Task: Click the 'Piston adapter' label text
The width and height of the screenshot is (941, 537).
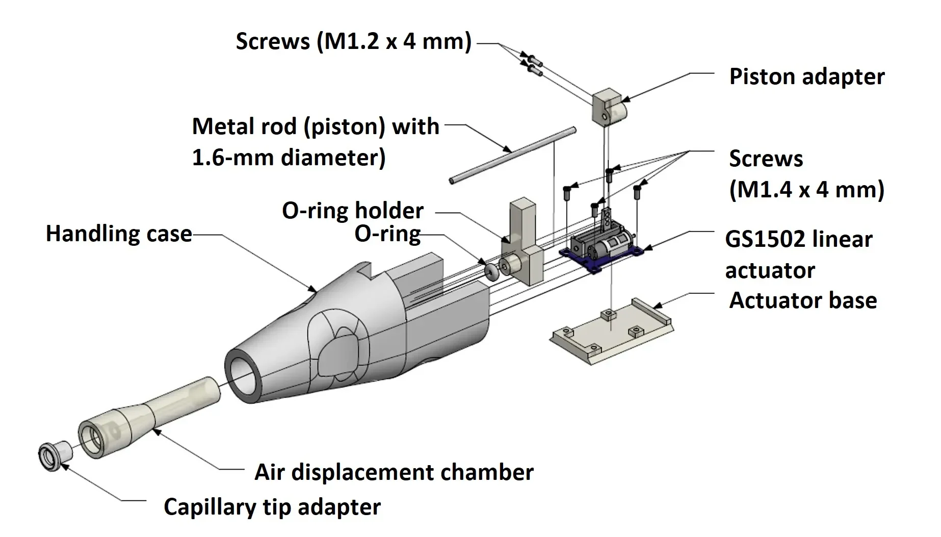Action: (807, 77)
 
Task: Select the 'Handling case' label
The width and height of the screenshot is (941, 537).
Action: (119, 234)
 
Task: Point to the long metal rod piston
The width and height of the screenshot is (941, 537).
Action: (513, 155)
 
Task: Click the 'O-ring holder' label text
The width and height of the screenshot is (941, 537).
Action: (353, 210)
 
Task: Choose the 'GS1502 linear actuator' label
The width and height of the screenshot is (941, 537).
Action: (798, 254)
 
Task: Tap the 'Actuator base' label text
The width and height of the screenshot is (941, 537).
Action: (803, 300)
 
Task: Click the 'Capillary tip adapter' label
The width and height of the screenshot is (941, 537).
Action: (272, 507)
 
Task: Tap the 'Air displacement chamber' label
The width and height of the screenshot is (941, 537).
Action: (394, 472)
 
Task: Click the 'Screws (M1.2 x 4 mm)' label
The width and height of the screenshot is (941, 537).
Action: (354, 41)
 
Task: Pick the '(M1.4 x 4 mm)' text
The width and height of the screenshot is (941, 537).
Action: (807, 190)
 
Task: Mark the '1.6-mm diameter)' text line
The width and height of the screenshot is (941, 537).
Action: (289, 158)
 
